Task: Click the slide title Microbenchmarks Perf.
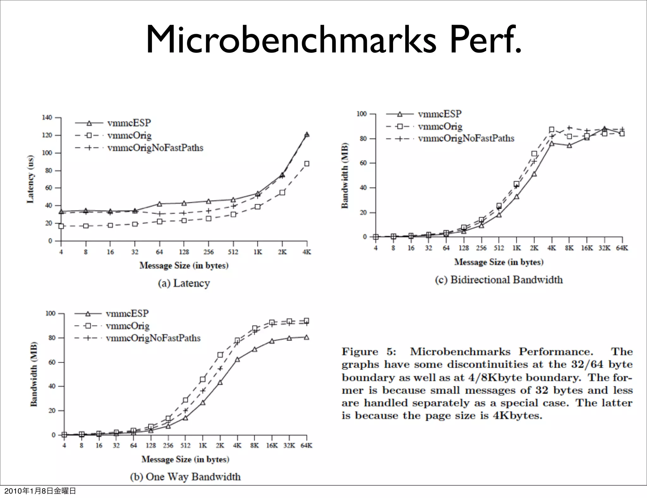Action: point(333,40)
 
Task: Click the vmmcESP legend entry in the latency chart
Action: point(129,123)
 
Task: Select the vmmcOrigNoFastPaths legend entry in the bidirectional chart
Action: point(466,138)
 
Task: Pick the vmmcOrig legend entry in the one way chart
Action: point(128,326)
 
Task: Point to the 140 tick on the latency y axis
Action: point(47,118)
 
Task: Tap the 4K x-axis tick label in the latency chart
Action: point(306,252)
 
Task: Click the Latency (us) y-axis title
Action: point(31,179)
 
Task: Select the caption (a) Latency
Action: point(184,283)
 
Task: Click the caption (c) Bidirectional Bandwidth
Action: point(499,280)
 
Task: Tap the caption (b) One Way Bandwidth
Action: point(185,477)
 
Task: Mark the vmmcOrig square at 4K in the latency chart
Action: point(307,164)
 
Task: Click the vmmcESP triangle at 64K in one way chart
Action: point(306,337)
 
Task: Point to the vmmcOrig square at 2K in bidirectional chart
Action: point(534,154)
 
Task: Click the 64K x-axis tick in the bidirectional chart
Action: point(622,248)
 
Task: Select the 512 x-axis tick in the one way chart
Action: point(185,446)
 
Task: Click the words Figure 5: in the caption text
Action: point(369,352)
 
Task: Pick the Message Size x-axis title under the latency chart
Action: point(184,265)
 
